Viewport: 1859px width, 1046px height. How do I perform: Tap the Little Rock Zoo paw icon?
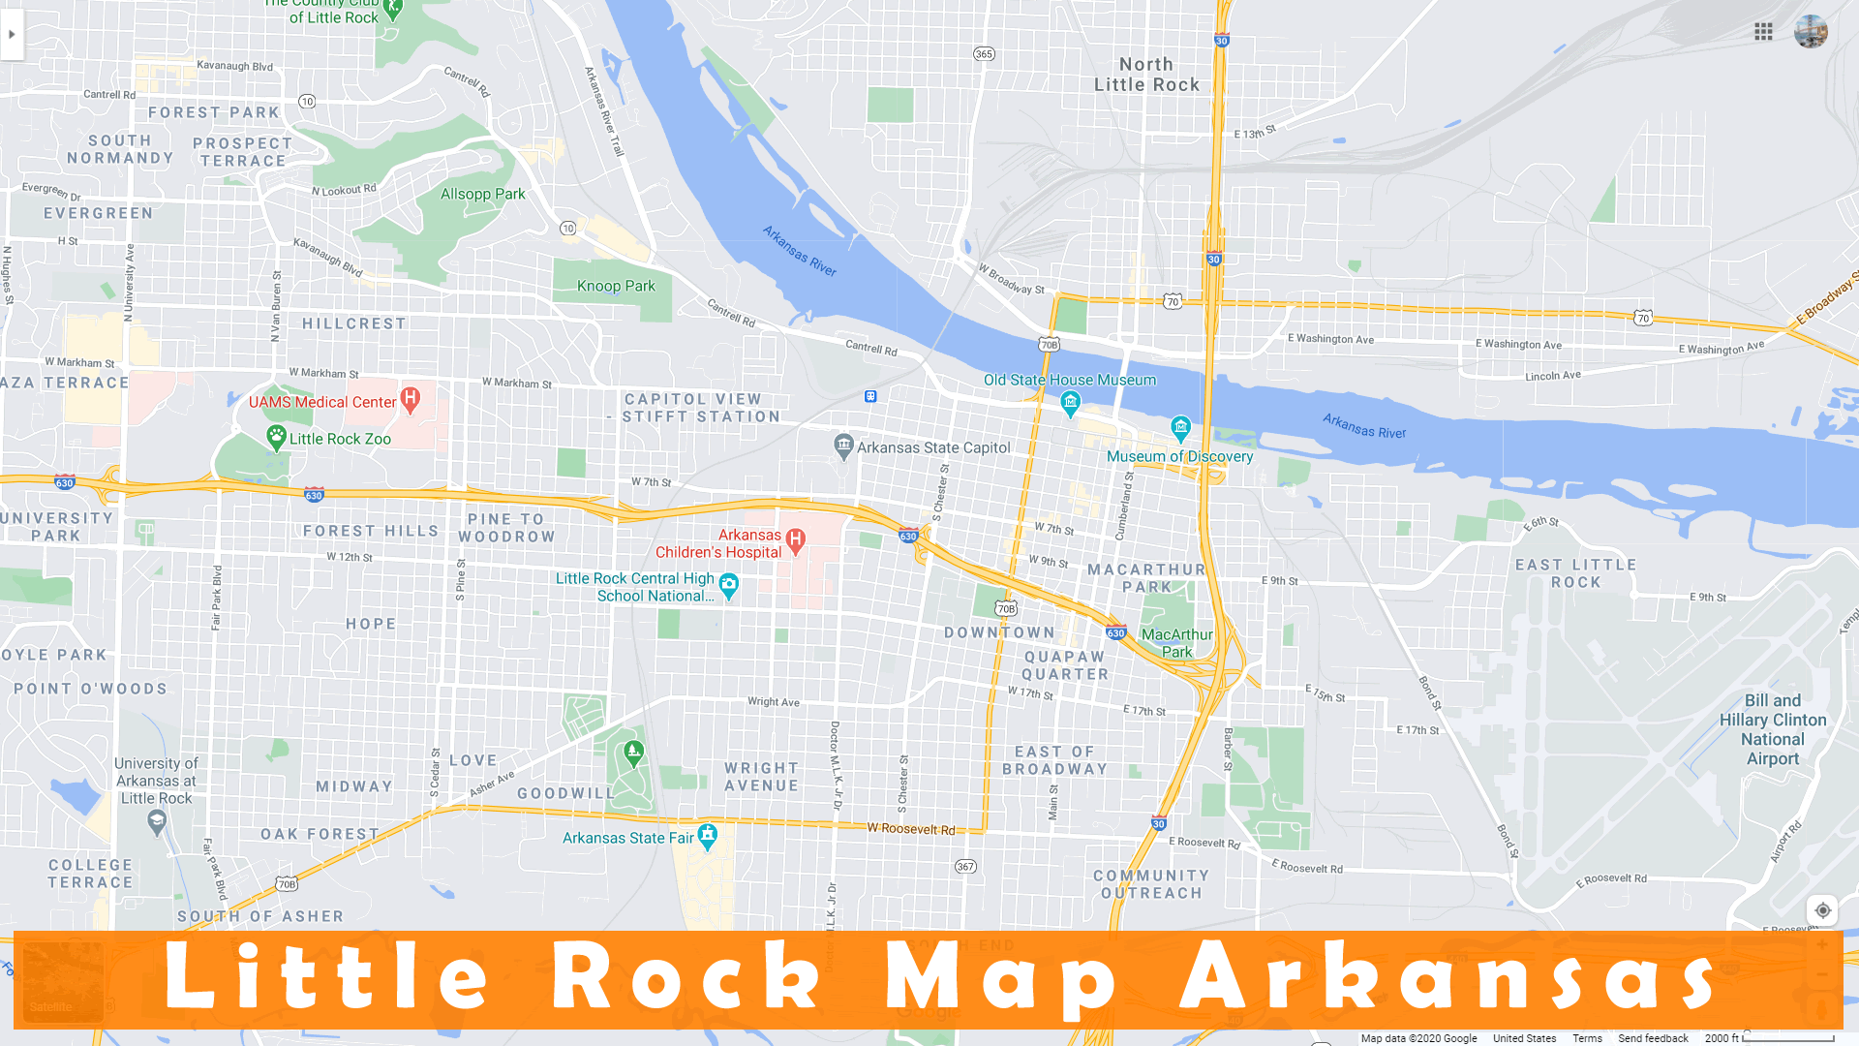[276, 437]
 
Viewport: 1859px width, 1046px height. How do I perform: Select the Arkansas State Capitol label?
[932, 447]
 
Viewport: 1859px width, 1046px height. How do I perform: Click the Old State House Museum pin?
[1070, 403]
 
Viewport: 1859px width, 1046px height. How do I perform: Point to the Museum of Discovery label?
[1179, 456]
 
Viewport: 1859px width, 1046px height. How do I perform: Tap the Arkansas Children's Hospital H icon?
[796, 539]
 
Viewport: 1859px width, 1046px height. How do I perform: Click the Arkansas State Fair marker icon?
[708, 835]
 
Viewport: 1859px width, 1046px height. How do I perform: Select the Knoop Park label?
[616, 286]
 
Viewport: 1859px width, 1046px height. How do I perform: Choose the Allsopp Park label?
[482, 194]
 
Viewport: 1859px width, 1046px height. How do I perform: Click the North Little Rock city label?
[1146, 75]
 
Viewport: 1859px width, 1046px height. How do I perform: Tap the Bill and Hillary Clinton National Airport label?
[1772, 729]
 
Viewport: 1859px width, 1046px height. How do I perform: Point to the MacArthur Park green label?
[1176, 643]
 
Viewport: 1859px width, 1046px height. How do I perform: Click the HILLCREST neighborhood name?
[353, 323]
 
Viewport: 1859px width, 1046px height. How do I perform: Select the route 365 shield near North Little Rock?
[984, 54]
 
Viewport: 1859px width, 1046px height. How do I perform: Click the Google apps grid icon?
[1763, 32]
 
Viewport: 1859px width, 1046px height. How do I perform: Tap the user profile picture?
[1810, 32]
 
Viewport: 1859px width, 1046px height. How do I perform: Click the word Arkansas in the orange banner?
[1448, 978]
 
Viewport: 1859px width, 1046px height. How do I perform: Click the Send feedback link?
[1653, 1038]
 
